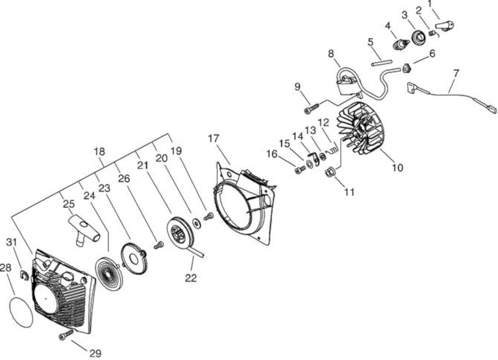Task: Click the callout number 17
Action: tap(214, 138)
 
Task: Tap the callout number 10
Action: tap(398, 168)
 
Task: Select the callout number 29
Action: tap(95, 353)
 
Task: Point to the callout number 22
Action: tap(191, 278)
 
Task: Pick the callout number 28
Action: tap(5, 267)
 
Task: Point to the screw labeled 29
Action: tap(66, 335)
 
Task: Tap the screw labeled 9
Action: tap(312, 108)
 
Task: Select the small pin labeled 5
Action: tap(382, 63)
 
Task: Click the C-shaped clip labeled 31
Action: tap(25, 275)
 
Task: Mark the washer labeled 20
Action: tap(197, 223)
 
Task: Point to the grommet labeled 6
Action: tap(407, 68)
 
